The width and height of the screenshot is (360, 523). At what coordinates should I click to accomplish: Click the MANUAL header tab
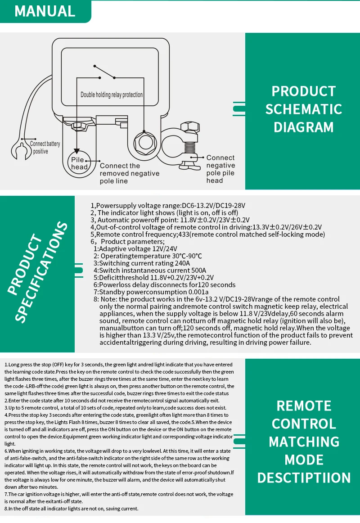tap(45, 11)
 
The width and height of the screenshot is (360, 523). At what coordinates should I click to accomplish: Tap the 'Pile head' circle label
tap(80, 163)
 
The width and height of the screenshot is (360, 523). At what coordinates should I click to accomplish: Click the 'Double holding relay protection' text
tap(112, 95)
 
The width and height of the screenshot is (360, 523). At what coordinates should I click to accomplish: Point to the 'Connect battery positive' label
tap(45, 148)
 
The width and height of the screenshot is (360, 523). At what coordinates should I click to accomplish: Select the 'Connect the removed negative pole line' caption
tap(130, 173)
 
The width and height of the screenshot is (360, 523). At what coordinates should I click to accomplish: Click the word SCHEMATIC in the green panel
tap(304, 109)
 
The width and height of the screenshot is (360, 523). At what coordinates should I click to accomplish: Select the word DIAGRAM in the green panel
tap(304, 127)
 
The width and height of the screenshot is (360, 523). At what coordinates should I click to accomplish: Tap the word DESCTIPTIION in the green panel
tap(304, 478)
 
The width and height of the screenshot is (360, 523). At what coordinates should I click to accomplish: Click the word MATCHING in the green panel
tap(304, 442)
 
